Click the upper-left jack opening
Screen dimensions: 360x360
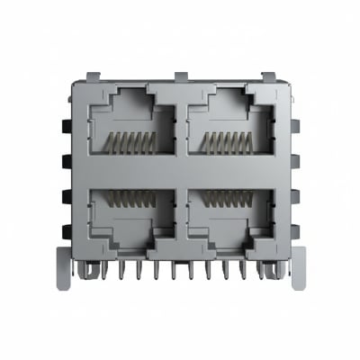coord(131,126)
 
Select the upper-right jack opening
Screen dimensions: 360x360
coord(228,126)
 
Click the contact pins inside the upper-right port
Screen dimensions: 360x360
coord(227,142)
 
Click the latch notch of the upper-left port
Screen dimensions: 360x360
coord(131,97)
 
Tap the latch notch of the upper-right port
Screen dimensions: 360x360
coord(228,97)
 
